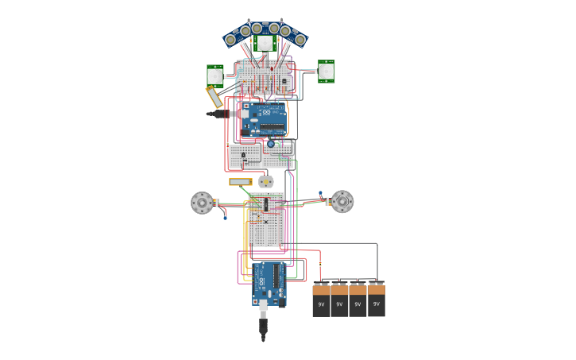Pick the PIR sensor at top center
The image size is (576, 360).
(265, 42)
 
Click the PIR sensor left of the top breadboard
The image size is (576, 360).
(215, 75)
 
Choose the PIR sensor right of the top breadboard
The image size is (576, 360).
(327, 71)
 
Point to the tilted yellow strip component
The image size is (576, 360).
(215, 97)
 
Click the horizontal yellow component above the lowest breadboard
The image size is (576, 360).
(240, 182)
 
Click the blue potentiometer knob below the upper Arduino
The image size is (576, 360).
(271, 144)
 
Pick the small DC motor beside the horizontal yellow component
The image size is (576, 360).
(265, 181)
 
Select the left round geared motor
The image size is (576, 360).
(203, 203)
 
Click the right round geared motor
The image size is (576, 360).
(342, 201)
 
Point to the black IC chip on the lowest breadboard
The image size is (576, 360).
(266, 204)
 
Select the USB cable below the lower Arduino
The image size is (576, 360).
(264, 324)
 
